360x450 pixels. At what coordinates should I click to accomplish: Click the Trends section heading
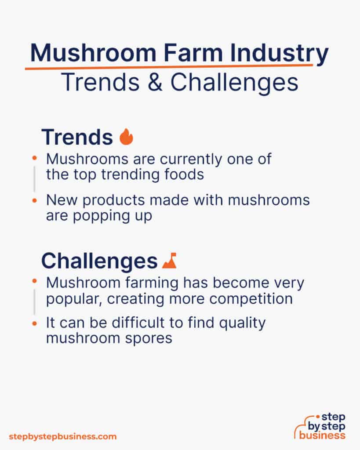click(x=77, y=137)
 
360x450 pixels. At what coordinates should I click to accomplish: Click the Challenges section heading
click(x=99, y=261)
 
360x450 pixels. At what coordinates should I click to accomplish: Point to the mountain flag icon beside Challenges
click(x=169, y=261)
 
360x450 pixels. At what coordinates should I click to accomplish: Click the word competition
click(x=251, y=299)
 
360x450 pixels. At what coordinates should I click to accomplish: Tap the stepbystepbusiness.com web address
click(x=63, y=436)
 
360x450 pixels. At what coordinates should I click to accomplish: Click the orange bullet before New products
click(x=35, y=200)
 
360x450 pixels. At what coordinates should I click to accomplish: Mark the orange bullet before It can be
click(x=35, y=323)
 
